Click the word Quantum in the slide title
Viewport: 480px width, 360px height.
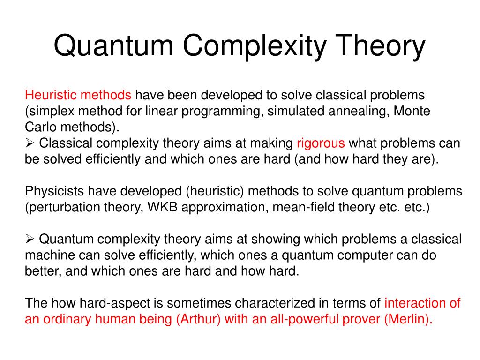coord(113,45)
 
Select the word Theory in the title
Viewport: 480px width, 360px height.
coord(381,46)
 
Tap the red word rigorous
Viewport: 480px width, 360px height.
coord(321,143)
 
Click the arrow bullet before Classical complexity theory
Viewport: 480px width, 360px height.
coord(30,143)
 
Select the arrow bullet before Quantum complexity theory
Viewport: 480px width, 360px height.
coord(30,239)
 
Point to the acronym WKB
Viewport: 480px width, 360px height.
coord(163,207)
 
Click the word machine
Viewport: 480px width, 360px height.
coord(50,255)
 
